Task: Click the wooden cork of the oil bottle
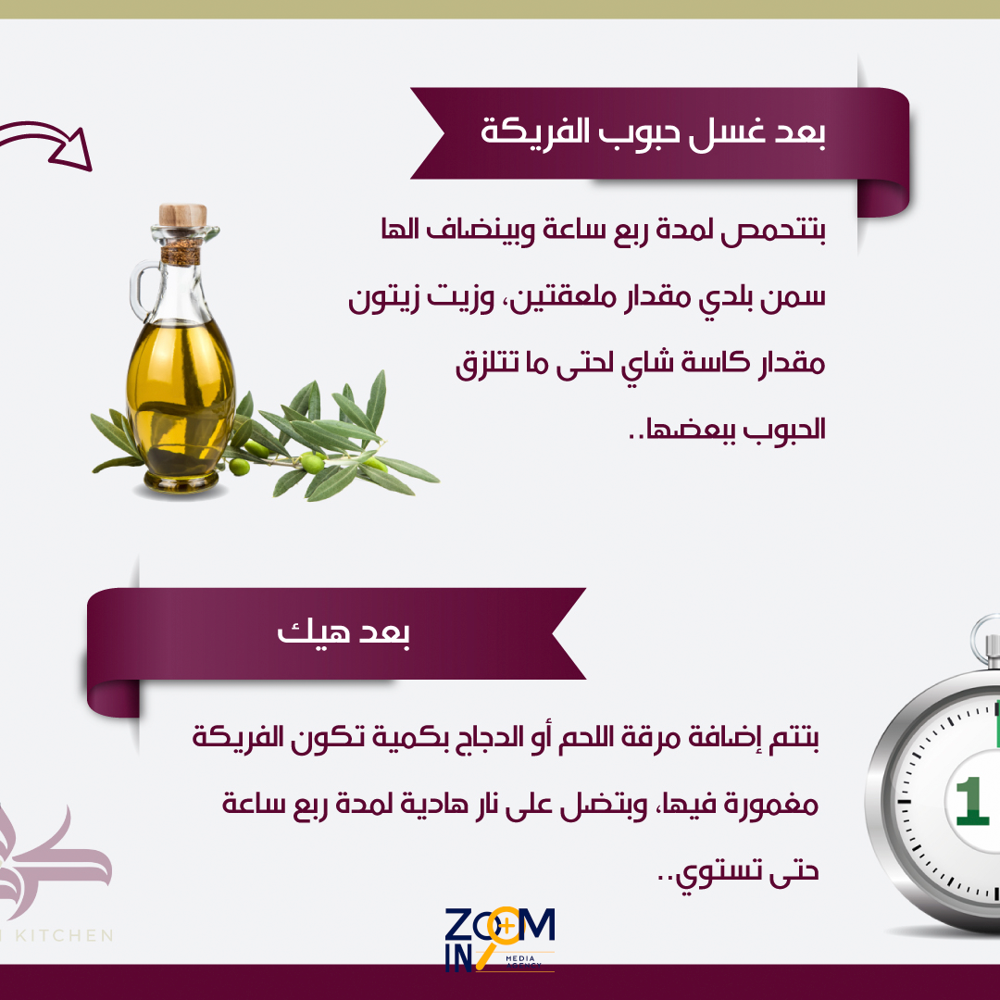coord(182,215)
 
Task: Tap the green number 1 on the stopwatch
coord(972,800)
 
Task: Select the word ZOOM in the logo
coord(500,925)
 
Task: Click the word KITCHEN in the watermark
coord(64,935)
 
